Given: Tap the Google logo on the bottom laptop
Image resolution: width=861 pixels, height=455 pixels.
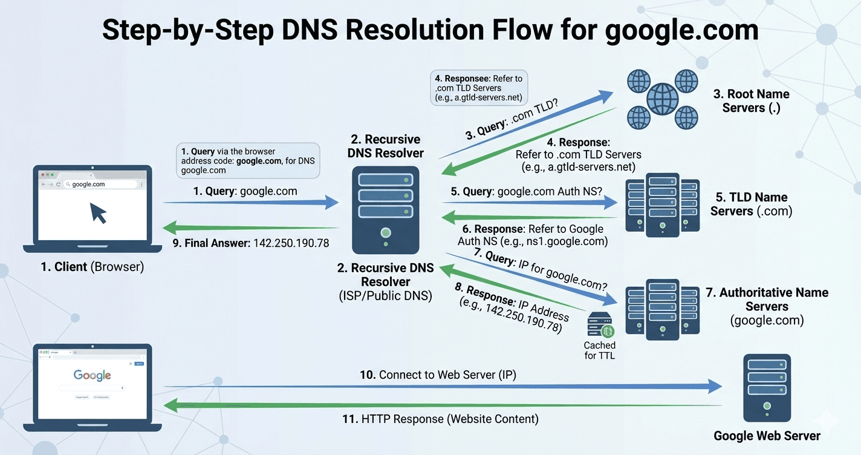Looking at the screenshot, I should [x=92, y=375].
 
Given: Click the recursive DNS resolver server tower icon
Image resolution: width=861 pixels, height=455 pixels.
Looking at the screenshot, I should [x=385, y=209].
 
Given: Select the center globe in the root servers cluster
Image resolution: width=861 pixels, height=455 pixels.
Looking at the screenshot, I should [x=662, y=99].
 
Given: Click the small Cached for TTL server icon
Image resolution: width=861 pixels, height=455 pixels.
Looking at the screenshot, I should [x=601, y=324].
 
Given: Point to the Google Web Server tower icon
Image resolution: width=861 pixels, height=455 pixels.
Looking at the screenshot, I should [x=767, y=387].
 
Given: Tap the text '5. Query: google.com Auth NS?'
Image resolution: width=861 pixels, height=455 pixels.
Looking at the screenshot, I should [x=526, y=192].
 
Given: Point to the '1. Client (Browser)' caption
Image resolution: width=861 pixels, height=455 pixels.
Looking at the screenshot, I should [x=93, y=267].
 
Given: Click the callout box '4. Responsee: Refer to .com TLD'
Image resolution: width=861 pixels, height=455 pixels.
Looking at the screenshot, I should [x=477, y=88].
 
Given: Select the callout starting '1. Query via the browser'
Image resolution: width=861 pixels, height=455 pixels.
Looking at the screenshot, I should [x=248, y=160].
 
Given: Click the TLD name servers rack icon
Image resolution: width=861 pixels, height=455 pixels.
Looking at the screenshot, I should [x=662, y=205].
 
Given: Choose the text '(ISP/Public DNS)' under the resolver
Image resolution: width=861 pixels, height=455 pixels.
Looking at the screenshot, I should [x=385, y=296].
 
